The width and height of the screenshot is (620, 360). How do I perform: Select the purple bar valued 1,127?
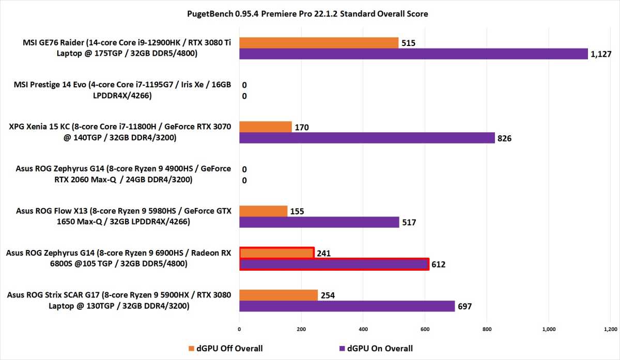click(413, 54)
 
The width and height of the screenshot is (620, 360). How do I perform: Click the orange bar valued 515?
click(319, 42)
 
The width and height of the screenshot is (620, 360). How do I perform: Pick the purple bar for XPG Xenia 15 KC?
click(367, 138)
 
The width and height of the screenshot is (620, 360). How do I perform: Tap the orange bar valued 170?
click(266, 127)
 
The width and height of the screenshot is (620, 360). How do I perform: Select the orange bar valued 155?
click(263, 211)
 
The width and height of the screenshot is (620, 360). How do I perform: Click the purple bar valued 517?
click(319, 223)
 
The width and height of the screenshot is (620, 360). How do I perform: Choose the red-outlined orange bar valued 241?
click(277, 253)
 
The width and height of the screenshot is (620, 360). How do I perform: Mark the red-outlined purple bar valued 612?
click(334, 264)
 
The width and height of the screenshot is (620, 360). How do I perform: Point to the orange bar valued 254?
click(278, 295)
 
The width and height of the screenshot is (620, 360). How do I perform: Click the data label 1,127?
click(599, 54)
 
